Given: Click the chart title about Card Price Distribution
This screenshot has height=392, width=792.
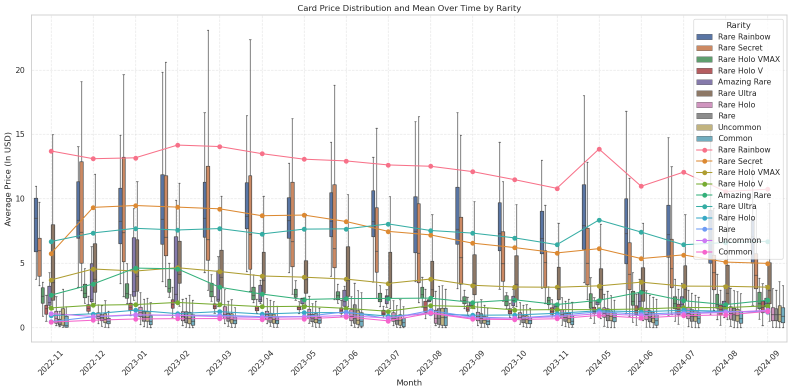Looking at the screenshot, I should point(409,8).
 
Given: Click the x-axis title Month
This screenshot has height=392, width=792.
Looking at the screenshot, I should point(409,383).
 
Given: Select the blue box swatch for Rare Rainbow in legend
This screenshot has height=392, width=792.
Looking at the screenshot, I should point(704,37).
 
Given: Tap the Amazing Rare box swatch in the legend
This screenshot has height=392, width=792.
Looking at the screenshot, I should point(704,82).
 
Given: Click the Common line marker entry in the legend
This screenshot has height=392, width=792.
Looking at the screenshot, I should point(704,251).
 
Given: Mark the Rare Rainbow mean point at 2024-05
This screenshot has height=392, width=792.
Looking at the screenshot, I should point(599,149).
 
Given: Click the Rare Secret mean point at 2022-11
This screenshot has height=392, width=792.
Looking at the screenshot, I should point(51,253).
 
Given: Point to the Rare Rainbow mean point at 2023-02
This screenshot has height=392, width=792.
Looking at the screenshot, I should point(177,145).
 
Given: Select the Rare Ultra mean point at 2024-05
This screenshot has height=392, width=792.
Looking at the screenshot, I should point(599,220).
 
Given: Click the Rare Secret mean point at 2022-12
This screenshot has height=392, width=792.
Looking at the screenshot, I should point(93,207).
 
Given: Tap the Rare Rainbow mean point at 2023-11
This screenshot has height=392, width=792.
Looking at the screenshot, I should point(557,188).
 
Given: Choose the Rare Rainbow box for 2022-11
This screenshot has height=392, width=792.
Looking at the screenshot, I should point(36,225).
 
